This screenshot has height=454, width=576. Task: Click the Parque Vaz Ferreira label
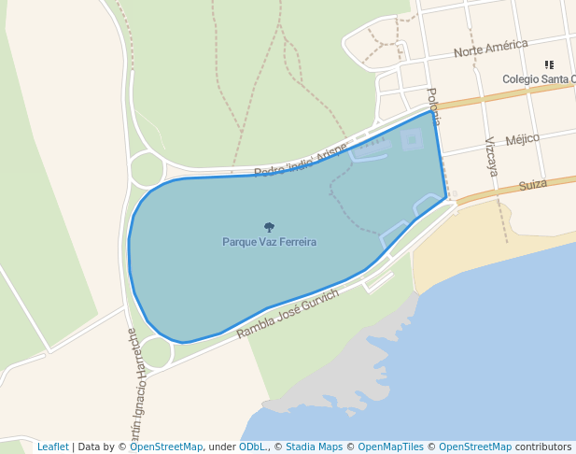click(x=269, y=242)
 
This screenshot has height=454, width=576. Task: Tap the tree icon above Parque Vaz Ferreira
click(x=269, y=227)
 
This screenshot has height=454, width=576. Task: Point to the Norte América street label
click(x=490, y=49)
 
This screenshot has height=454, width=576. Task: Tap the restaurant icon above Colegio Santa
click(x=549, y=65)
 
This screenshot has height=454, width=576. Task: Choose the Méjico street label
click(x=522, y=139)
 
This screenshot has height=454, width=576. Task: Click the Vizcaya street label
click(x=491, y=156)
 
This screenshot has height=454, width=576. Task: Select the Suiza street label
click(x=532, y=185)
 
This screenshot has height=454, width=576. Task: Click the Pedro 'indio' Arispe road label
click(x=300, y=161)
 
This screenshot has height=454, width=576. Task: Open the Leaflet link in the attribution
click(x=52, y=447)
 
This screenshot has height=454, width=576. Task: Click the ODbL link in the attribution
click(x=252, y=447)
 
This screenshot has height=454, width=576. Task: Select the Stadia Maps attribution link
click(x=314, y=447)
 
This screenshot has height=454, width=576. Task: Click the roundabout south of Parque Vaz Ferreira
click(x=156, y=352)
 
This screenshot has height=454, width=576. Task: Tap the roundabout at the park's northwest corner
click(x=147, y=170)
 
